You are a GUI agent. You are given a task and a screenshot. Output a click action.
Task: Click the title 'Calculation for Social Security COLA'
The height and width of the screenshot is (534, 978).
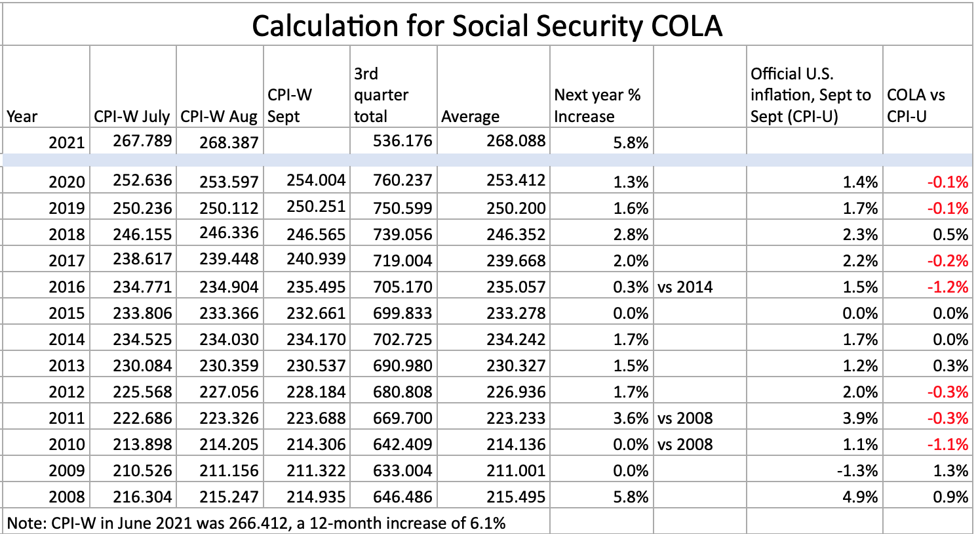coord(487,26)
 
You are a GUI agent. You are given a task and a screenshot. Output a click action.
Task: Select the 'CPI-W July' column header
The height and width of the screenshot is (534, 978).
coord(132,117)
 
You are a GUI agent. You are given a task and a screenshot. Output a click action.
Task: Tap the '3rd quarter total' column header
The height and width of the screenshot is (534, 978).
coord(381,95)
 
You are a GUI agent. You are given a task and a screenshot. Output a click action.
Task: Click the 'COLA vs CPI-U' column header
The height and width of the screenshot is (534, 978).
coord(916,106)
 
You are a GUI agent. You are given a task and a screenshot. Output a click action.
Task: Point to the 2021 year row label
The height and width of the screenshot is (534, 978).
coord(66,142)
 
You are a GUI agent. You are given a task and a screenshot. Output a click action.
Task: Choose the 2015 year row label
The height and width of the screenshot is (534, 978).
coord(66,314)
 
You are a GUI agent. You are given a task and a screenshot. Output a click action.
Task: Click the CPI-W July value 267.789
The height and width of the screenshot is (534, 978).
coord(142,141)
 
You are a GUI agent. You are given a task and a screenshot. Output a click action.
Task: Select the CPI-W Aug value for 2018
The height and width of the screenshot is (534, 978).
coord(229,234)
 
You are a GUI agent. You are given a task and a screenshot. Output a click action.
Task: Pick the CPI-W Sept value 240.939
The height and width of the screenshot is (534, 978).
coord(316,260)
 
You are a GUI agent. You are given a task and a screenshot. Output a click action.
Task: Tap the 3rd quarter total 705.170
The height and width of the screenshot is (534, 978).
coord(402,287)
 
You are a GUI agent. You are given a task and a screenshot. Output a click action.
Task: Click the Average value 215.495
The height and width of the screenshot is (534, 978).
coord(516,497)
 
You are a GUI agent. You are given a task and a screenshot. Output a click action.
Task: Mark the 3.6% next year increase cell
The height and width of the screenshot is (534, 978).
coord(631,419)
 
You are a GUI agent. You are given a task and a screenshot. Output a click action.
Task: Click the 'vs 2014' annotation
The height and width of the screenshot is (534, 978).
coord(685,287)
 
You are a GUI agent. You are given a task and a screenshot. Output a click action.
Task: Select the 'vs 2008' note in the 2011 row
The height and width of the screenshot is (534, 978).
coord(685,419)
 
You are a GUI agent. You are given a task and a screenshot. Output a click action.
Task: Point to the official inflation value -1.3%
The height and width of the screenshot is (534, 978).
coord(859,471)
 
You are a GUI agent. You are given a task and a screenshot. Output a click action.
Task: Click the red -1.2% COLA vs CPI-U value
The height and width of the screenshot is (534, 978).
coord(947,287)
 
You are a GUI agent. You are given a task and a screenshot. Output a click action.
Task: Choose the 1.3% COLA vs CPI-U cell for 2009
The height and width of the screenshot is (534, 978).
coord(950,471)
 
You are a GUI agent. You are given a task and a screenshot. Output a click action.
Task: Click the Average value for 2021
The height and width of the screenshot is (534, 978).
coord(516,141)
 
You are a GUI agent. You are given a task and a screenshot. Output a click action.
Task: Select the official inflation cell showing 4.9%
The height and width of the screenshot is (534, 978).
coord(860,497)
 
